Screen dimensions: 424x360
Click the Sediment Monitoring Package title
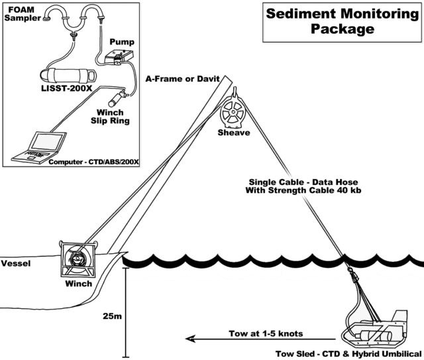(343, 21)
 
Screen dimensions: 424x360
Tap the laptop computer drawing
(39, 148)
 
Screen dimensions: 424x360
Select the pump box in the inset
(119, 56)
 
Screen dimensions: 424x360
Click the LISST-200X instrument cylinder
(68, 75)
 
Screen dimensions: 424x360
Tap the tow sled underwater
(375, 329)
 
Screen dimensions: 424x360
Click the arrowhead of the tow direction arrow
(190, 339)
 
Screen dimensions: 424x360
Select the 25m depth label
(112, 316)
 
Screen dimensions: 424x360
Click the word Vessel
(16, 263)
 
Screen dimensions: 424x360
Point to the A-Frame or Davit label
(183, 79)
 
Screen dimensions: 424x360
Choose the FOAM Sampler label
(23, 14)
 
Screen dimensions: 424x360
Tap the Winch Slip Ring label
(110, 117)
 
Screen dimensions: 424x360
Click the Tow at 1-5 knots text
(266, 333)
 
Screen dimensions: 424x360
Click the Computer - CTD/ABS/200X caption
(93, 162)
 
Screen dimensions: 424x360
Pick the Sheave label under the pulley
(234, 133)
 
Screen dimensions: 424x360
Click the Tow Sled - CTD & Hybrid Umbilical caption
(348, 354)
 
